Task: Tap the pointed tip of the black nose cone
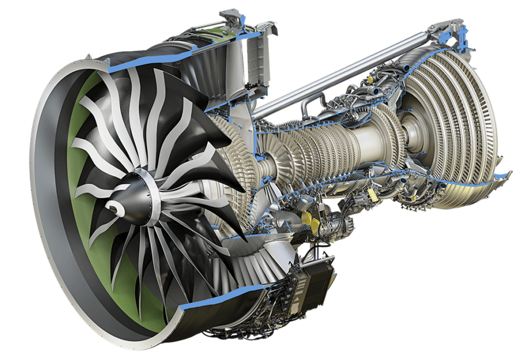[109, 207]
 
